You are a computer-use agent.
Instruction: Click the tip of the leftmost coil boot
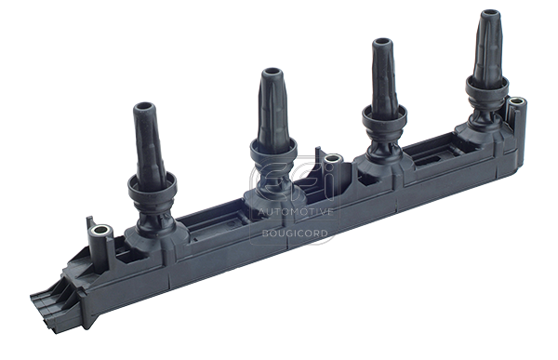pos(145,108)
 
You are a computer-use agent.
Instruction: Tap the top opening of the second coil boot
pos(271,73)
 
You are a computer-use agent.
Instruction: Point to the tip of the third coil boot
pos(382,43)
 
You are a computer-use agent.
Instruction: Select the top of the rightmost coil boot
pos(489,15)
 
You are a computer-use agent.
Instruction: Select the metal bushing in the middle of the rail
pos(331,163)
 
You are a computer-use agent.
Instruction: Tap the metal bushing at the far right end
pos(513,102)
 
